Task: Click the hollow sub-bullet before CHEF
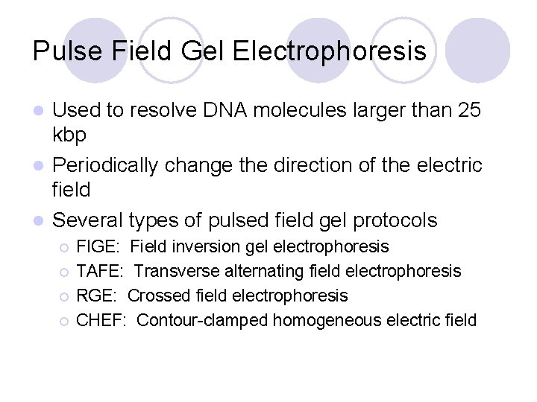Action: (66, 322)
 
